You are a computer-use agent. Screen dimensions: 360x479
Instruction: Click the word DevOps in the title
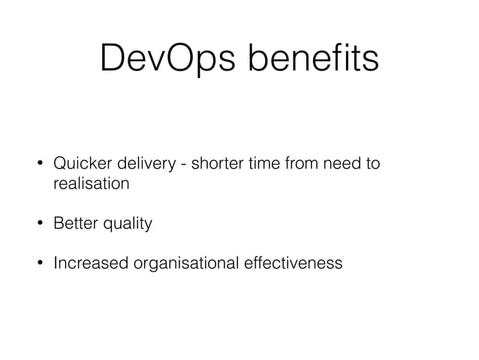pos(169,59)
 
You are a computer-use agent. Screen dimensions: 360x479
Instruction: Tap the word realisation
pos(91,183)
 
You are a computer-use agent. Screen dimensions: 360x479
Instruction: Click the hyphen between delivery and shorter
pos(184,164)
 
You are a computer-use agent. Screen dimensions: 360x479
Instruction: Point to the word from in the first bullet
pos(303,163)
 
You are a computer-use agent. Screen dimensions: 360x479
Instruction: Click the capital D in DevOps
pos(113,59)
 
